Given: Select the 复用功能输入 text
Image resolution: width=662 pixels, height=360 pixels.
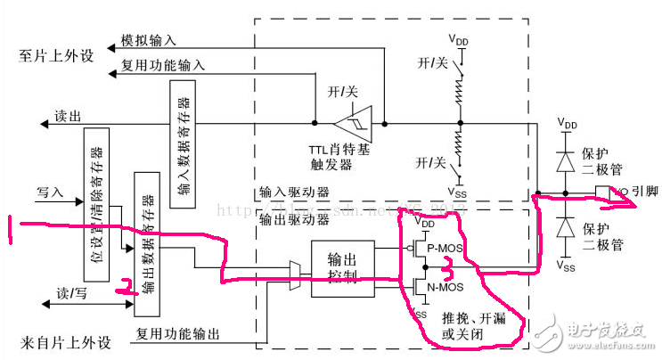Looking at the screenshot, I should click(x=162, y=65).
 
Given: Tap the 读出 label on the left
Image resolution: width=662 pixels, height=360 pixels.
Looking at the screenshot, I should click(x=68, y=116).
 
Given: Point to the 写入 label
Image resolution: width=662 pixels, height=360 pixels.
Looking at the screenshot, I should click(x=50, y=191).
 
